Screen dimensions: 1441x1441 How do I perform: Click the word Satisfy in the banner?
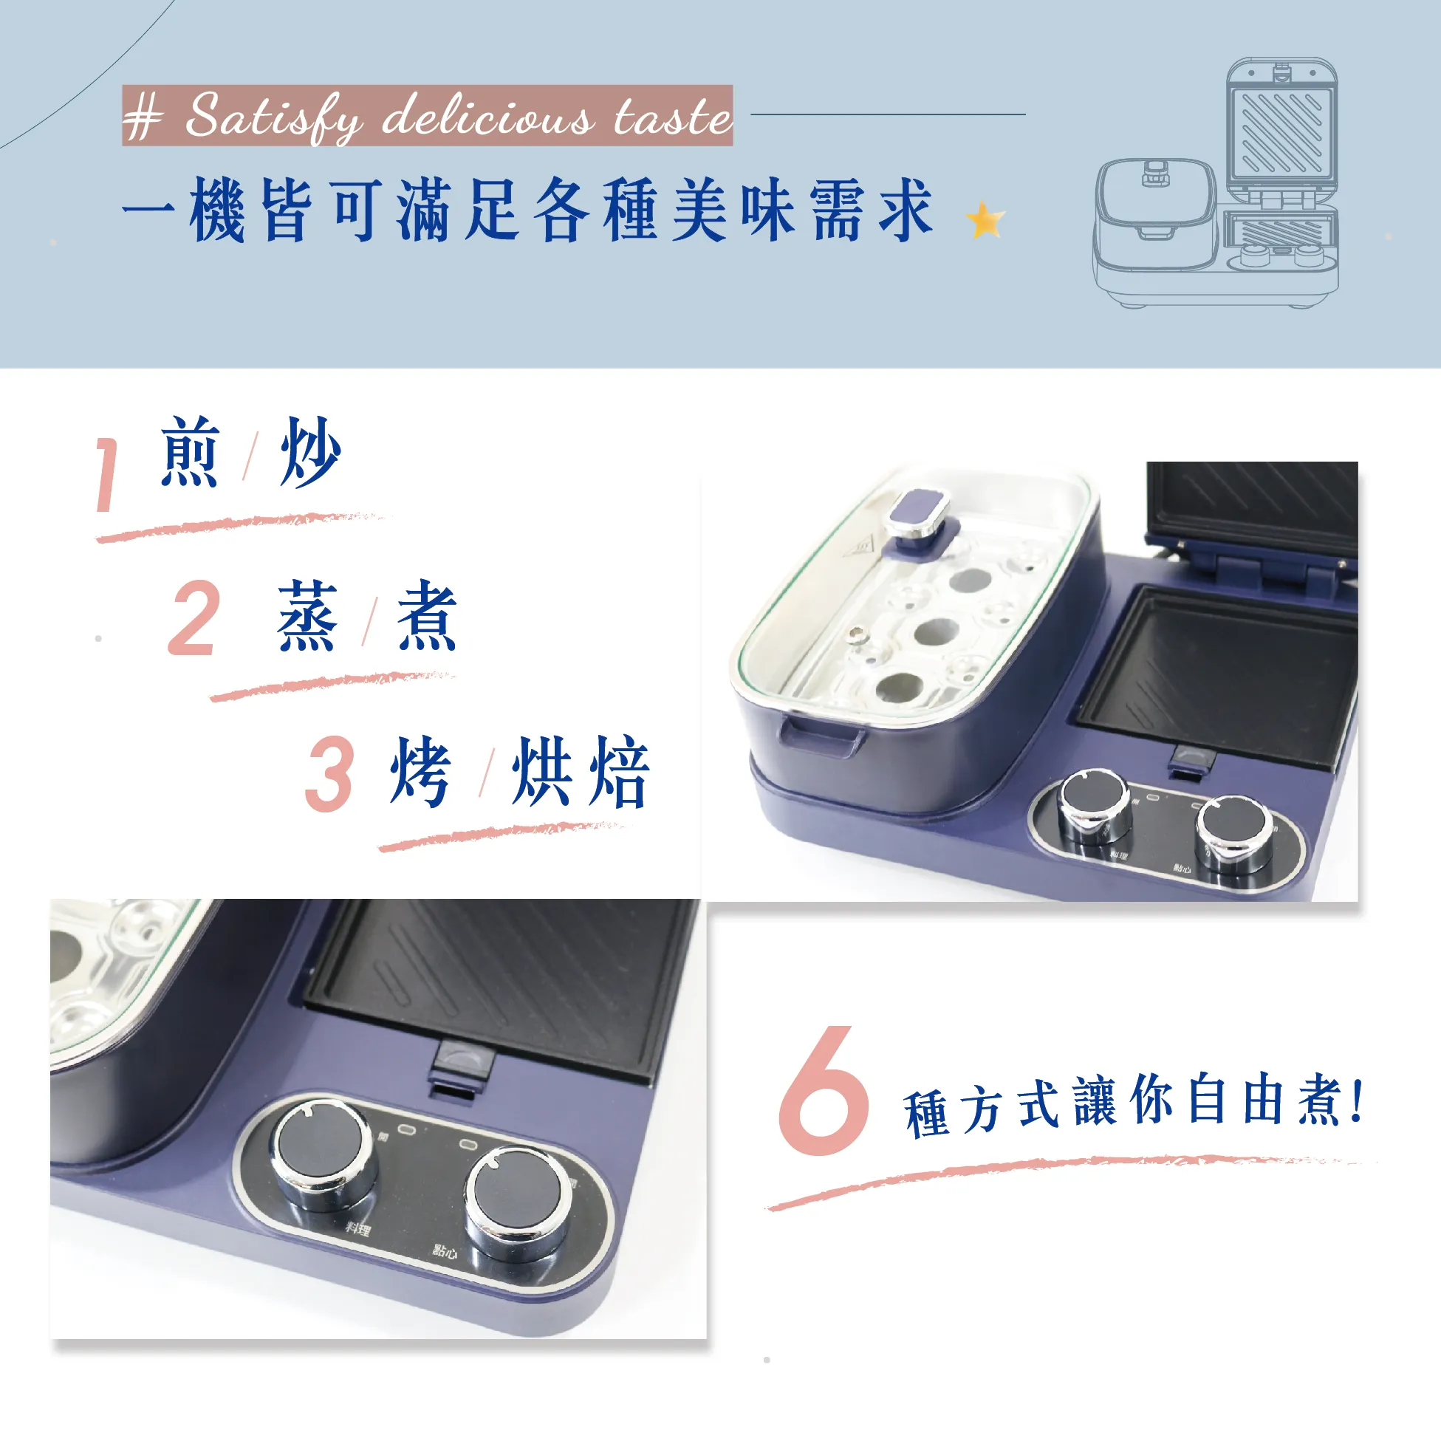(274, 117)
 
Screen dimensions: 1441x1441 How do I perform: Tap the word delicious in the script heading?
(488, 115)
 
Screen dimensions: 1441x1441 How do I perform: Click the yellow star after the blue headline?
(985, 221)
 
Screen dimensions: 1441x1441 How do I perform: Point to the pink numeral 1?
(107, 474)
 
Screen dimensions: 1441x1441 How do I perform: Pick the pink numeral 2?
(195, 618)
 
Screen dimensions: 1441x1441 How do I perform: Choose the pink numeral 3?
(329, 773)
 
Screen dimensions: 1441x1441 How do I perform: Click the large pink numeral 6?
(824, 1089)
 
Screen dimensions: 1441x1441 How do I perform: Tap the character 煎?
(191, 452)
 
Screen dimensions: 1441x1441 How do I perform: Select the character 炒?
(310, 452)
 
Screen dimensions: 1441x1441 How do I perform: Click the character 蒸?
(307, 616)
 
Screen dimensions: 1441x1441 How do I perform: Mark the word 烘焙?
(581, 771)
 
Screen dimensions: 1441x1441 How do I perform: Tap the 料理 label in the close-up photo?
(358, 1228)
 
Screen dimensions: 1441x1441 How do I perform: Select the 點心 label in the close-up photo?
(445, 1250)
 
